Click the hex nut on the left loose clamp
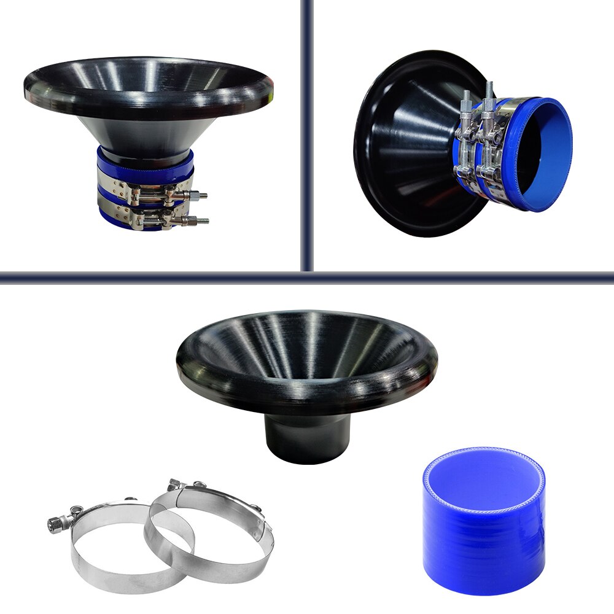[54, 524]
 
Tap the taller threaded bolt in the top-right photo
[489, 92]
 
